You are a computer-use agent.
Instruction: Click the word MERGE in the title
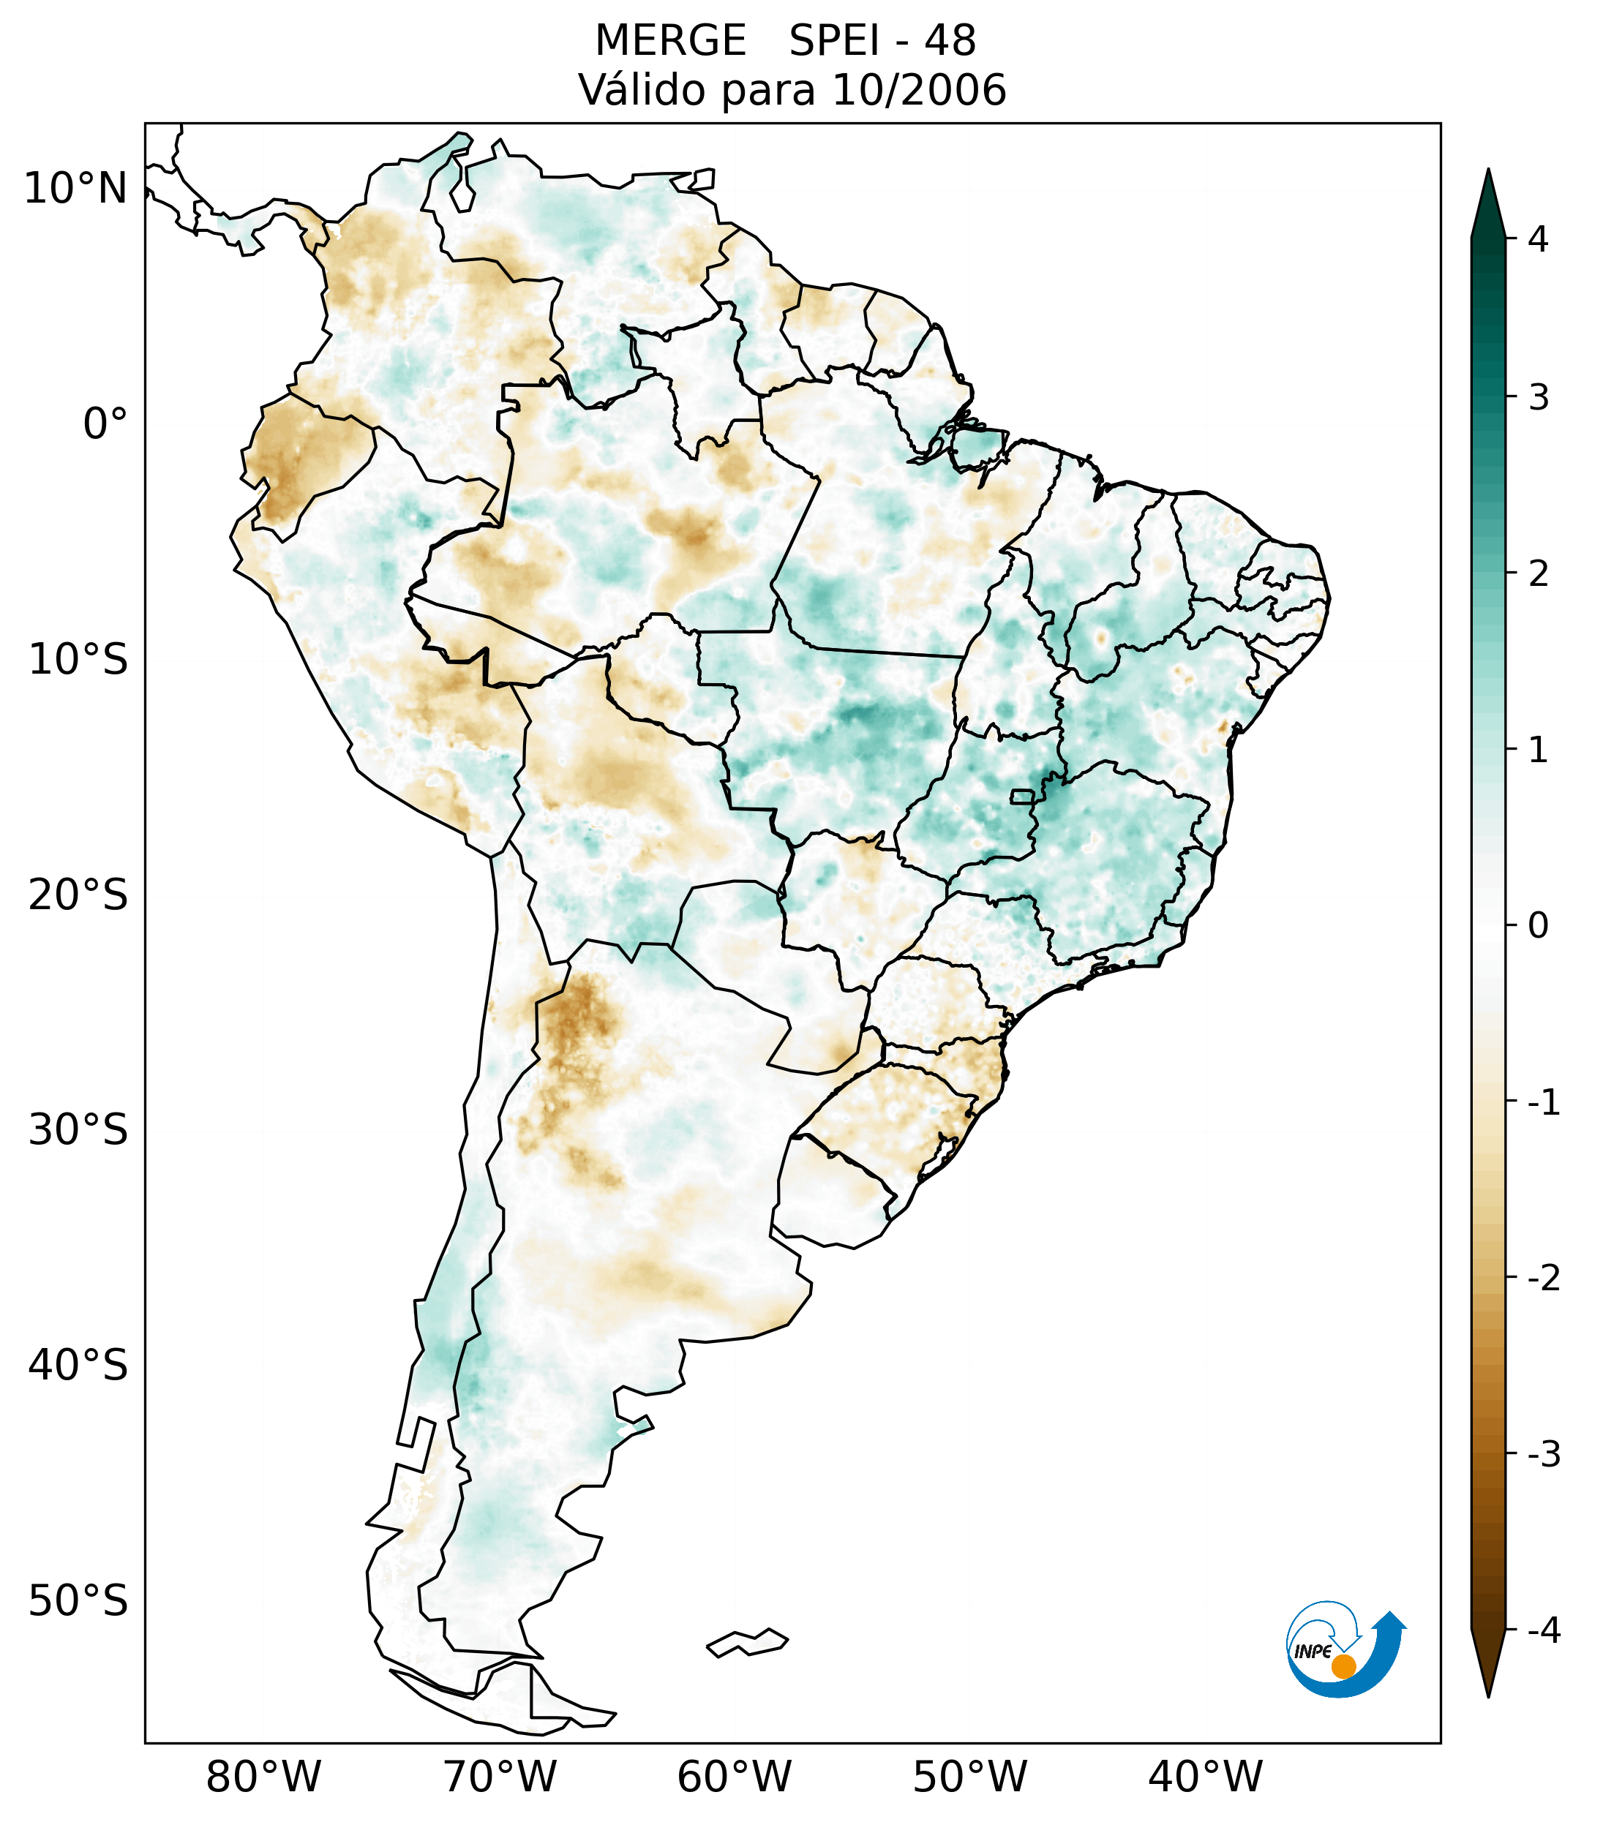[669, 41]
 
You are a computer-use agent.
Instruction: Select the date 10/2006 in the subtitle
[918, 90]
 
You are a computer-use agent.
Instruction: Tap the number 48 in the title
[950, 41]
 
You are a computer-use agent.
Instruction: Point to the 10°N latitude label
[76, 189]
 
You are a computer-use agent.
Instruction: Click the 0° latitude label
[105, 424]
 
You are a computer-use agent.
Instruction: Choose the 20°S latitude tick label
[78, 895]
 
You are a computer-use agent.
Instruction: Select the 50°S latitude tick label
[78, 1601]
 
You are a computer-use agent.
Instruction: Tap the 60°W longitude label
[734, 1777]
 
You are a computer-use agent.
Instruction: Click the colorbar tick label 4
[1538, 239]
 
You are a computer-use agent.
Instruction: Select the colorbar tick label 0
[1538, 925]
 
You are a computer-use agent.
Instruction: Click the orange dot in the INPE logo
[1343, 1665]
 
